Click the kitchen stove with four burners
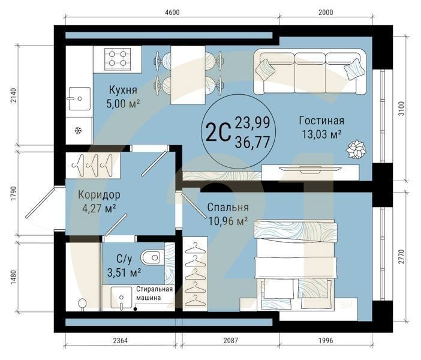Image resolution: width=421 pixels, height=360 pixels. [118, 59]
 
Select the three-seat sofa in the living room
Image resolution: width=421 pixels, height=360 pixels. [310, 71]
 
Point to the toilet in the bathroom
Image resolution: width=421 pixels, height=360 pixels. [154, 257]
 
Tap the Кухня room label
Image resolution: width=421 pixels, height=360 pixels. [124, 90]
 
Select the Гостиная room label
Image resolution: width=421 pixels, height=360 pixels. [321, 121]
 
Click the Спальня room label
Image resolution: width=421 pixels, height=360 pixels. [228, 208]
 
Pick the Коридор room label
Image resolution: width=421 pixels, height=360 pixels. [99, 195]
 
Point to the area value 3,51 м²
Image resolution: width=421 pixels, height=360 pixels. [125, 272]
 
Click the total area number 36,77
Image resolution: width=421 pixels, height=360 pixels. [252, 142]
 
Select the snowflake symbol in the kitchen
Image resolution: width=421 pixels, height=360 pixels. [78, 131]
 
